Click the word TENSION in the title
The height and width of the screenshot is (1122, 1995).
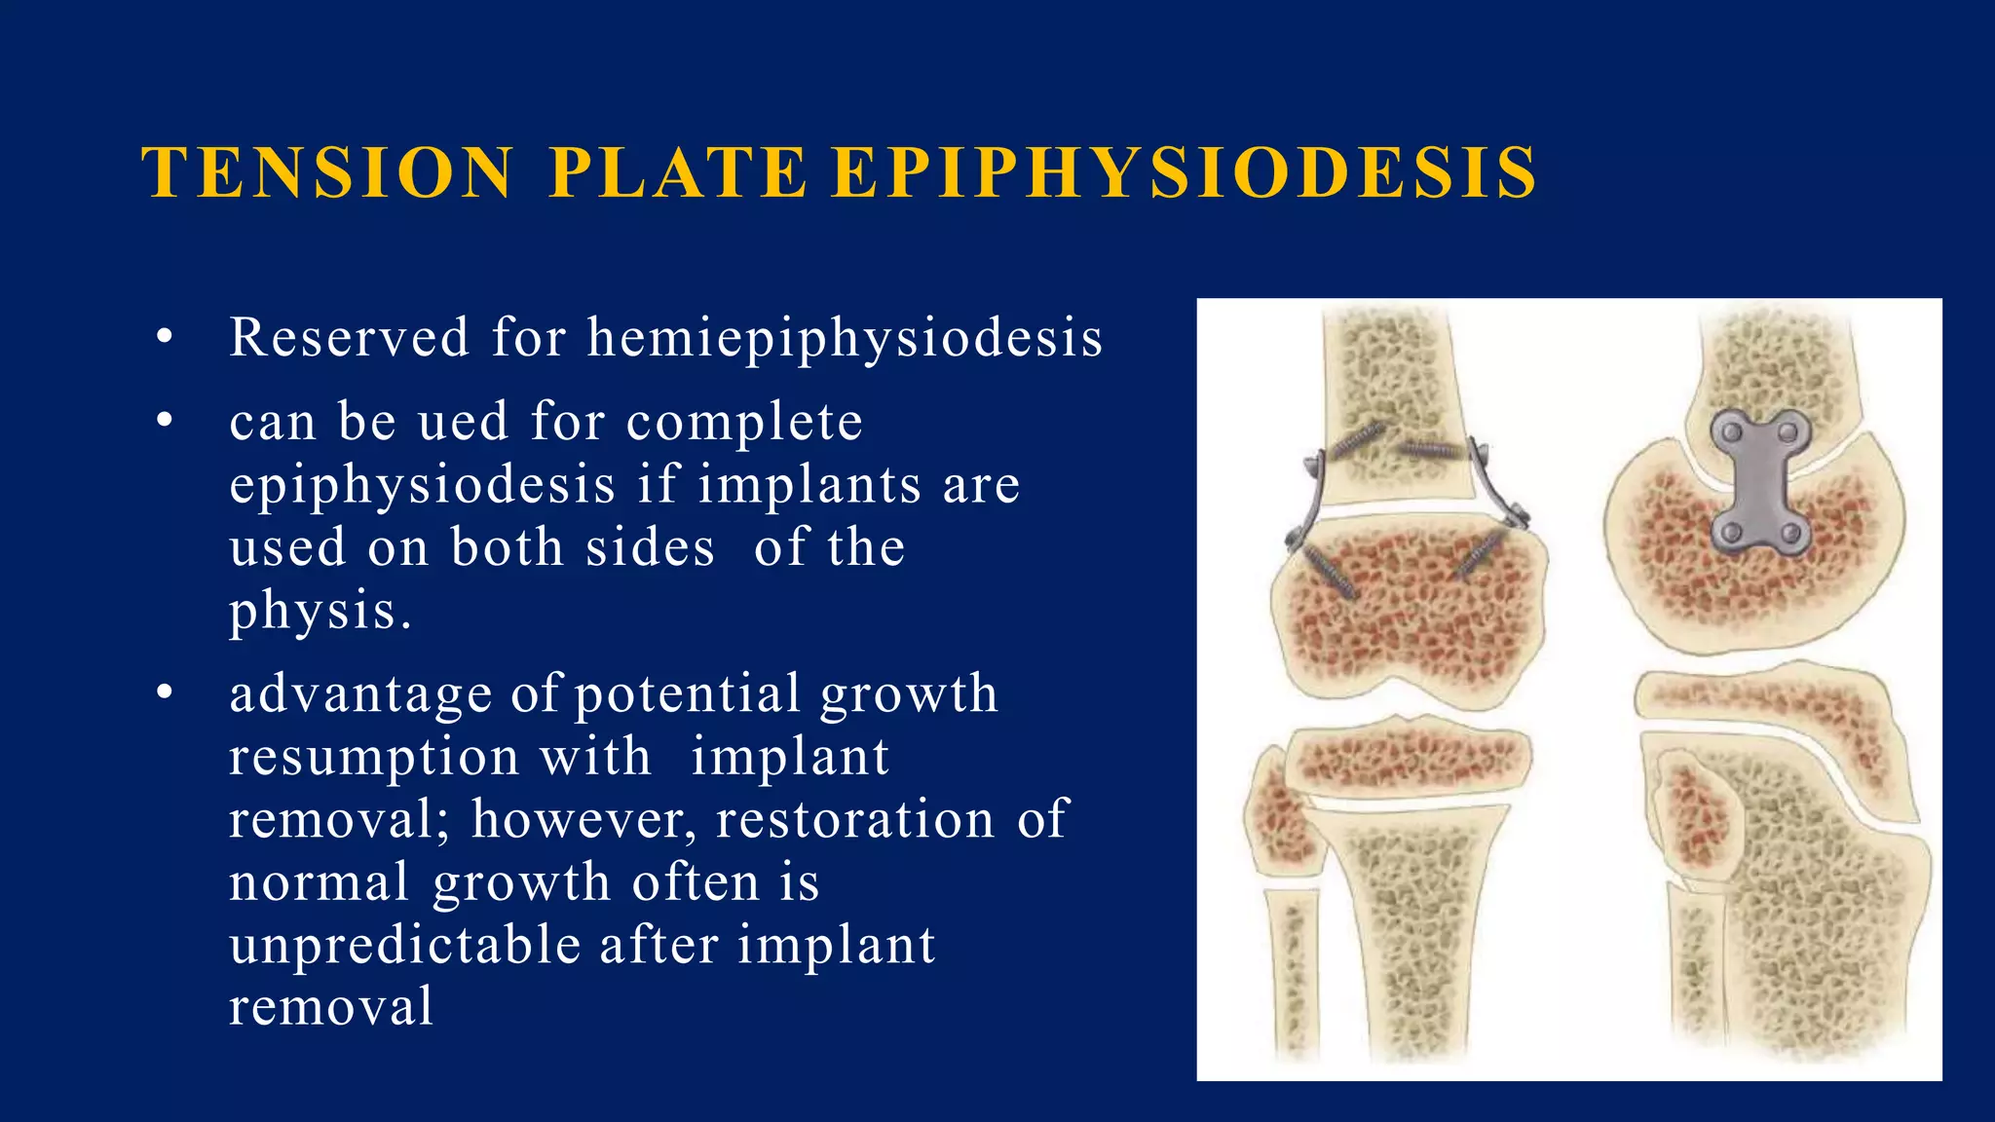coord(327,172)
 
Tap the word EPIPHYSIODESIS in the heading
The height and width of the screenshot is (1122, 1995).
coord(1185,172)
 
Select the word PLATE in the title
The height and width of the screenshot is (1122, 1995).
coord(677,172)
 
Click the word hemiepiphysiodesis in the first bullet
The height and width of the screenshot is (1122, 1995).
coord(845,339)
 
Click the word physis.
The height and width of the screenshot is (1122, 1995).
coord(320,612)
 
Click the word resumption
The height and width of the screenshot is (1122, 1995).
coord(374,757)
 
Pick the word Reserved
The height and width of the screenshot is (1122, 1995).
coord(349,338)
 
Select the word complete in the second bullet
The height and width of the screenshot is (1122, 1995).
coord(744,423)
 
